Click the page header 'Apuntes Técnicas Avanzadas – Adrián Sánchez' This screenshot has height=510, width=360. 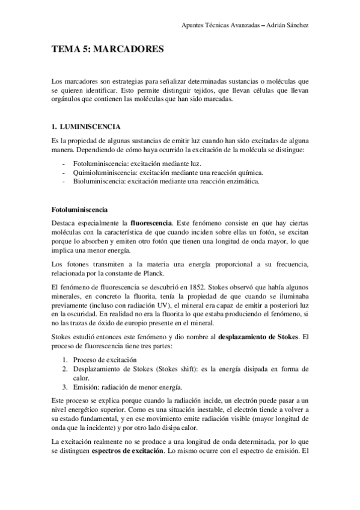(249, 25)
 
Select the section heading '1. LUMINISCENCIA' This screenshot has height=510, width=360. (87, 127)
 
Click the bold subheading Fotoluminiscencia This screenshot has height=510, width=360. (80, 210)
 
